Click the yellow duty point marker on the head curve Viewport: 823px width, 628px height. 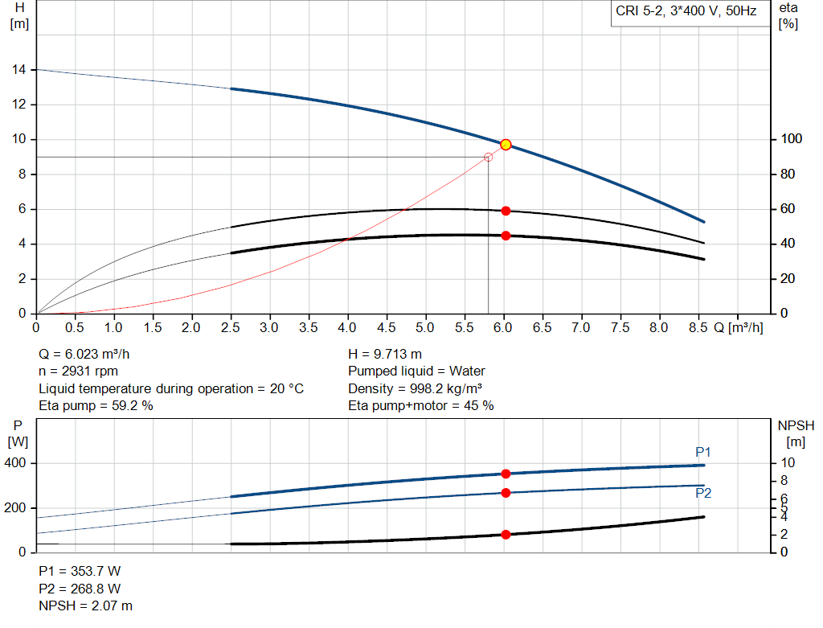click(506, 145)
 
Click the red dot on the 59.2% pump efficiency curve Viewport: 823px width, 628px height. click(506, 211)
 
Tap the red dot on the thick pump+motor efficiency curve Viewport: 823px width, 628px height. click(506, 236)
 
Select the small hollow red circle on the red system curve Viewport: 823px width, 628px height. click(488, 157)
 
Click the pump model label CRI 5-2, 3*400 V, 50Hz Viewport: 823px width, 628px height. click(686, 12)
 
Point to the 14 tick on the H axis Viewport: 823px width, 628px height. click(17, 70)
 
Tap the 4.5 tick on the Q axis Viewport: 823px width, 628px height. click(387, 328)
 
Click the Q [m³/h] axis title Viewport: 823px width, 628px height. click(735, 328)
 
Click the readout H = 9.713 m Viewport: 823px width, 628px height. click(385, 354)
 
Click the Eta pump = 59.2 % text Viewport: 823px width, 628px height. click(96, 405)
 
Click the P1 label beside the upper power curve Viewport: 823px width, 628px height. click(703, 451)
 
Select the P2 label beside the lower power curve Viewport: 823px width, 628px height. click(703, 493)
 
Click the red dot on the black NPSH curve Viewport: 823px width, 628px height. click(506, 535)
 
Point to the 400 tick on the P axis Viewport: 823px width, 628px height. click(17, 463)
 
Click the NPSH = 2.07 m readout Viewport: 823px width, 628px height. click(86, 605)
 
